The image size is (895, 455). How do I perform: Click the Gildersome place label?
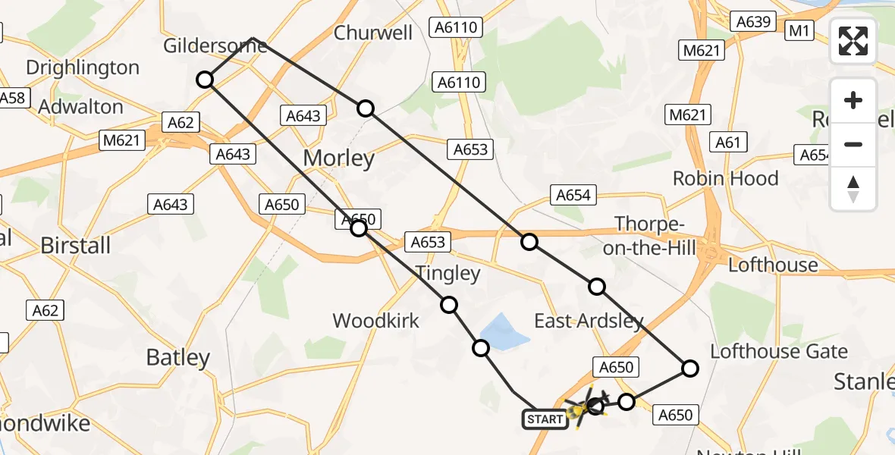click(215, 46)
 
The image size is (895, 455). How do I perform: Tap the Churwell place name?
click(373, 33)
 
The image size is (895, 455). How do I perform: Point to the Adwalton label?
click(80, 107)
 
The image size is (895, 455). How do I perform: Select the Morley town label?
click(339, 158)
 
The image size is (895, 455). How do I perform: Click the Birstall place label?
click(75, 245)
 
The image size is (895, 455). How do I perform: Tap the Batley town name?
click(177, 357)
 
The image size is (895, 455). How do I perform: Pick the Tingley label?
click(447, 273)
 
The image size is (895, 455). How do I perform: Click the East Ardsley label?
click(589, 321)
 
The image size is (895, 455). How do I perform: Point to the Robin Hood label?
click(726, 178)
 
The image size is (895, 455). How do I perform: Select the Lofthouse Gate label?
click(779, 351)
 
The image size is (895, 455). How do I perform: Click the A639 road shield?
click(753, 22)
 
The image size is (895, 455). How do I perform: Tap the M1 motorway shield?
click(800, 31)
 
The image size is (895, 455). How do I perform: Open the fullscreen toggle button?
click(853, 41)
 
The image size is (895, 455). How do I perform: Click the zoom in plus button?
click(853, 100)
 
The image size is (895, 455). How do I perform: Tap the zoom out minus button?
click(853, 144)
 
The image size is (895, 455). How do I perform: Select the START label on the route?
click(545, 419)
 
